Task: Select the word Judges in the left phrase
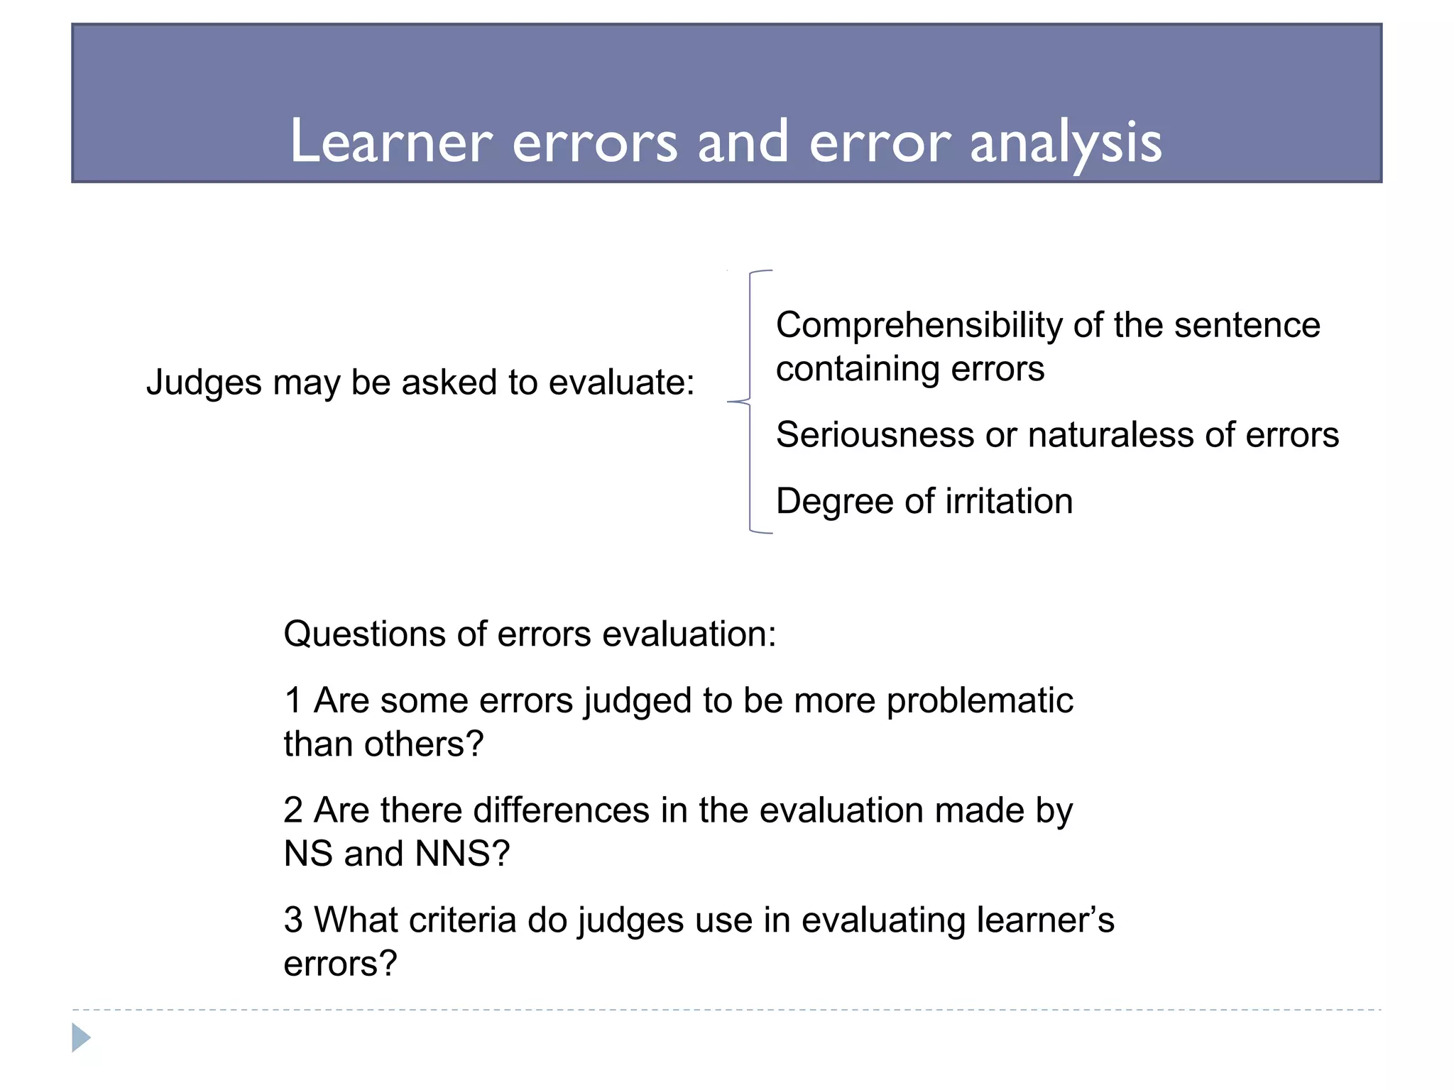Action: tap(204, 383)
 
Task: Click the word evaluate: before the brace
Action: tap(621, 383)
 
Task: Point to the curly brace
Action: tap(750, 402)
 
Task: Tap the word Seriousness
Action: tap(875, 435)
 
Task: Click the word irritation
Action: tap(1009, 502)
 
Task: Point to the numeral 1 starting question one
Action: tap(293, 701)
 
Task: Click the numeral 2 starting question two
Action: tap(293, 810)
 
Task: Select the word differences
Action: tap(561, 810)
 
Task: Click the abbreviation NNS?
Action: tap(462, 854)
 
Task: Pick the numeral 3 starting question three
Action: tap(293, 920)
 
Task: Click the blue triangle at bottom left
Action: tap(81, 1037)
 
